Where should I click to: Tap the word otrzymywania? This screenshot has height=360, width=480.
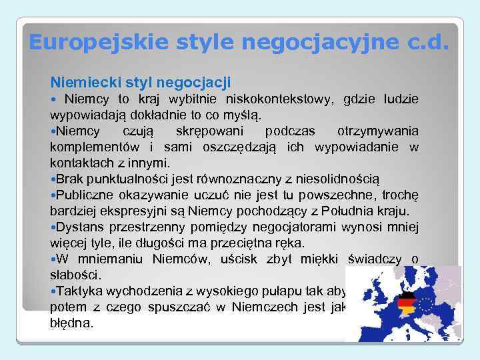[378, 131]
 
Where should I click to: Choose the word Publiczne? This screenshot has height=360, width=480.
[86, 195]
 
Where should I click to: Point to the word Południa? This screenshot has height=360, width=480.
[351, 211]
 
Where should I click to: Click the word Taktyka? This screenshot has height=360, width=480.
[79, 291]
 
